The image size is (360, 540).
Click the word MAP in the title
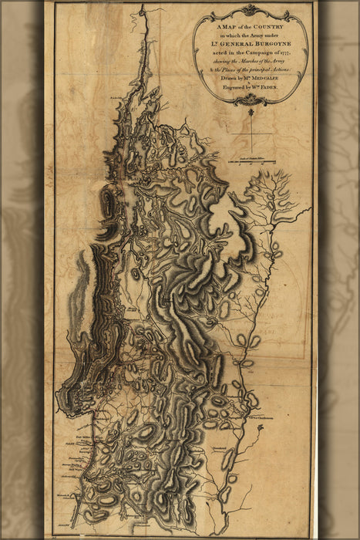coord(221,27)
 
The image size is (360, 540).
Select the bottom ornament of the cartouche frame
coord(251,100)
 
